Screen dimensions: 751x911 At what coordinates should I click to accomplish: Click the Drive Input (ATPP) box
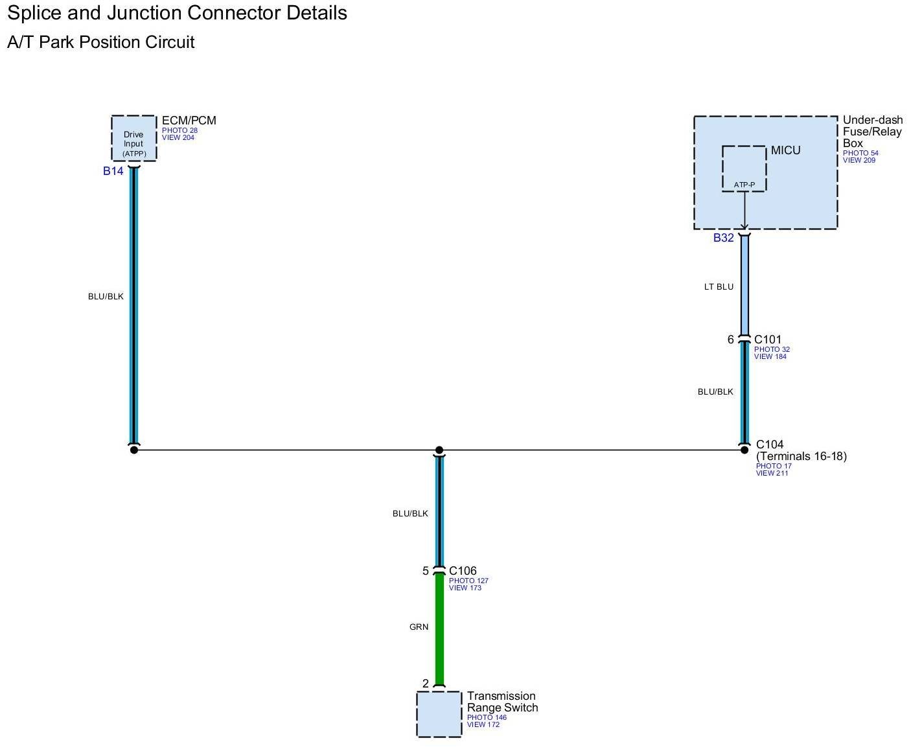coord(133,138)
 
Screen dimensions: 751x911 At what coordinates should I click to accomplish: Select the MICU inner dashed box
coord(744,168)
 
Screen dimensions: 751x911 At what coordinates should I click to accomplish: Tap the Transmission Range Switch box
coord(439,713)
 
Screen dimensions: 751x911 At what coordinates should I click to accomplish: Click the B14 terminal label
coord(113,171)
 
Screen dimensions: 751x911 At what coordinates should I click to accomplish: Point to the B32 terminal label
coord(724,238)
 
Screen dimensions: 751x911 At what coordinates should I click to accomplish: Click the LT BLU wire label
coord(719,286)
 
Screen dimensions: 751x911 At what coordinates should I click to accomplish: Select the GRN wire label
coord(419,627)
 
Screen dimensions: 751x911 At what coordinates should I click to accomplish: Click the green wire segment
coord(439,629)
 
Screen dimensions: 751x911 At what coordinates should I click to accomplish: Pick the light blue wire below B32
coord(744,285)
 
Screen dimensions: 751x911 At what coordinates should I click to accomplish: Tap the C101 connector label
coord(768,340)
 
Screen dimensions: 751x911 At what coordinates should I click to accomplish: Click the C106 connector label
coord(463,571)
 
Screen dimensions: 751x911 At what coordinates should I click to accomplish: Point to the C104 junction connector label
coord(770,445)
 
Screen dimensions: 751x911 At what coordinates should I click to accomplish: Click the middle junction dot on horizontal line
coord(439,450)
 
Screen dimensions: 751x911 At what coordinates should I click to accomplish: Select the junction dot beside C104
coord(744,450)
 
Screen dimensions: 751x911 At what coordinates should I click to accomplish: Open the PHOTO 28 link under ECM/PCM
coord(179,130)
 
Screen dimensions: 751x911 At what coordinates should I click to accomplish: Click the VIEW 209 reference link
coord(859,160)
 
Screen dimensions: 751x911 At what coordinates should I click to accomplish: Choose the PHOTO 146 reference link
coord(487,717)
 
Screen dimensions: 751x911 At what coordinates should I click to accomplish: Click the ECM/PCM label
coord(189,121)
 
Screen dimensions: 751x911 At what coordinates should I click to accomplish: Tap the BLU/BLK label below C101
coord(715,391)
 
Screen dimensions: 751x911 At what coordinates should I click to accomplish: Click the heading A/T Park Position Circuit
coord(101,43)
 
